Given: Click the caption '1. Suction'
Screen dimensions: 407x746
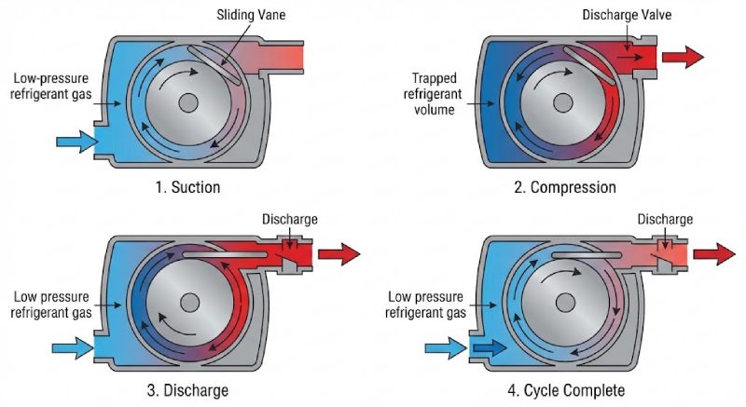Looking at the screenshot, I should (x=188, y=187).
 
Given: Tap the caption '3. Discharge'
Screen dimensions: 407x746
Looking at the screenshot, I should (x=188, y=388).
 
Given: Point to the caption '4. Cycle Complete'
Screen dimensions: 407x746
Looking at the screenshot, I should (x=565, y=388).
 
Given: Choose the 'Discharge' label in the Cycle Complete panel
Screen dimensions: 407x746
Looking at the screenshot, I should (x=665, y=220).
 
